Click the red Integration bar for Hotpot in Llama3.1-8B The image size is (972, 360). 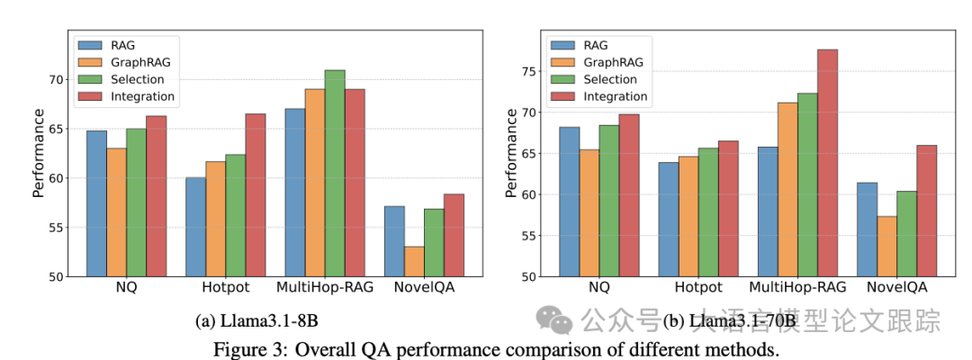(x=255, y=194)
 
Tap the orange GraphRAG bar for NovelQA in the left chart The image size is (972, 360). (x=414, y=261)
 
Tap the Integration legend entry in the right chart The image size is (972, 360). (x=616, y=95)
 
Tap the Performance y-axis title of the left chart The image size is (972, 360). (x=38, y=153)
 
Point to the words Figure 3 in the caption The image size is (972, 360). (x=245, y=349)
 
